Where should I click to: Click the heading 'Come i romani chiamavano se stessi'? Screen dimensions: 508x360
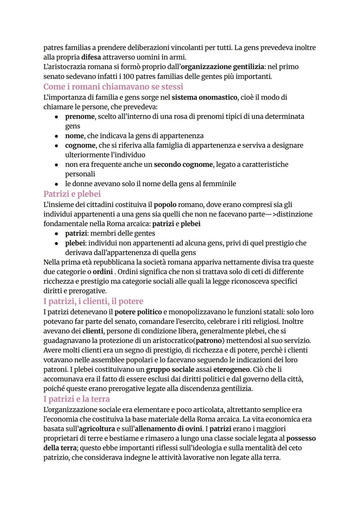coord(113,87)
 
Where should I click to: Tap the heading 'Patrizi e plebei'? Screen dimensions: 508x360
coord(72,194)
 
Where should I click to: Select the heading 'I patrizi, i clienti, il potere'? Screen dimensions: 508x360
coord(93,301)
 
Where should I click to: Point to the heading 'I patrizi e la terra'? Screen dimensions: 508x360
coord(76,399)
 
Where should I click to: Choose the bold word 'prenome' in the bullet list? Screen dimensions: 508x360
coord(80,117)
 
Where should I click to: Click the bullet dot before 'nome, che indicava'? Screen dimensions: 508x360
coord(57,136)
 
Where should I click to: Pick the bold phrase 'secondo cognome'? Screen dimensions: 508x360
coord(183,165)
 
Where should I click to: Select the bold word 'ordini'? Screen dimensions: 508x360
coord(102,272)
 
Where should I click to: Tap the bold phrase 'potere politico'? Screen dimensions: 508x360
coord(138,312)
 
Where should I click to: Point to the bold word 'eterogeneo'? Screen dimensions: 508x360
coord(231,369)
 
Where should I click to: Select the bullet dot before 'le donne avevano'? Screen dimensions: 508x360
coord(57,184)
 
